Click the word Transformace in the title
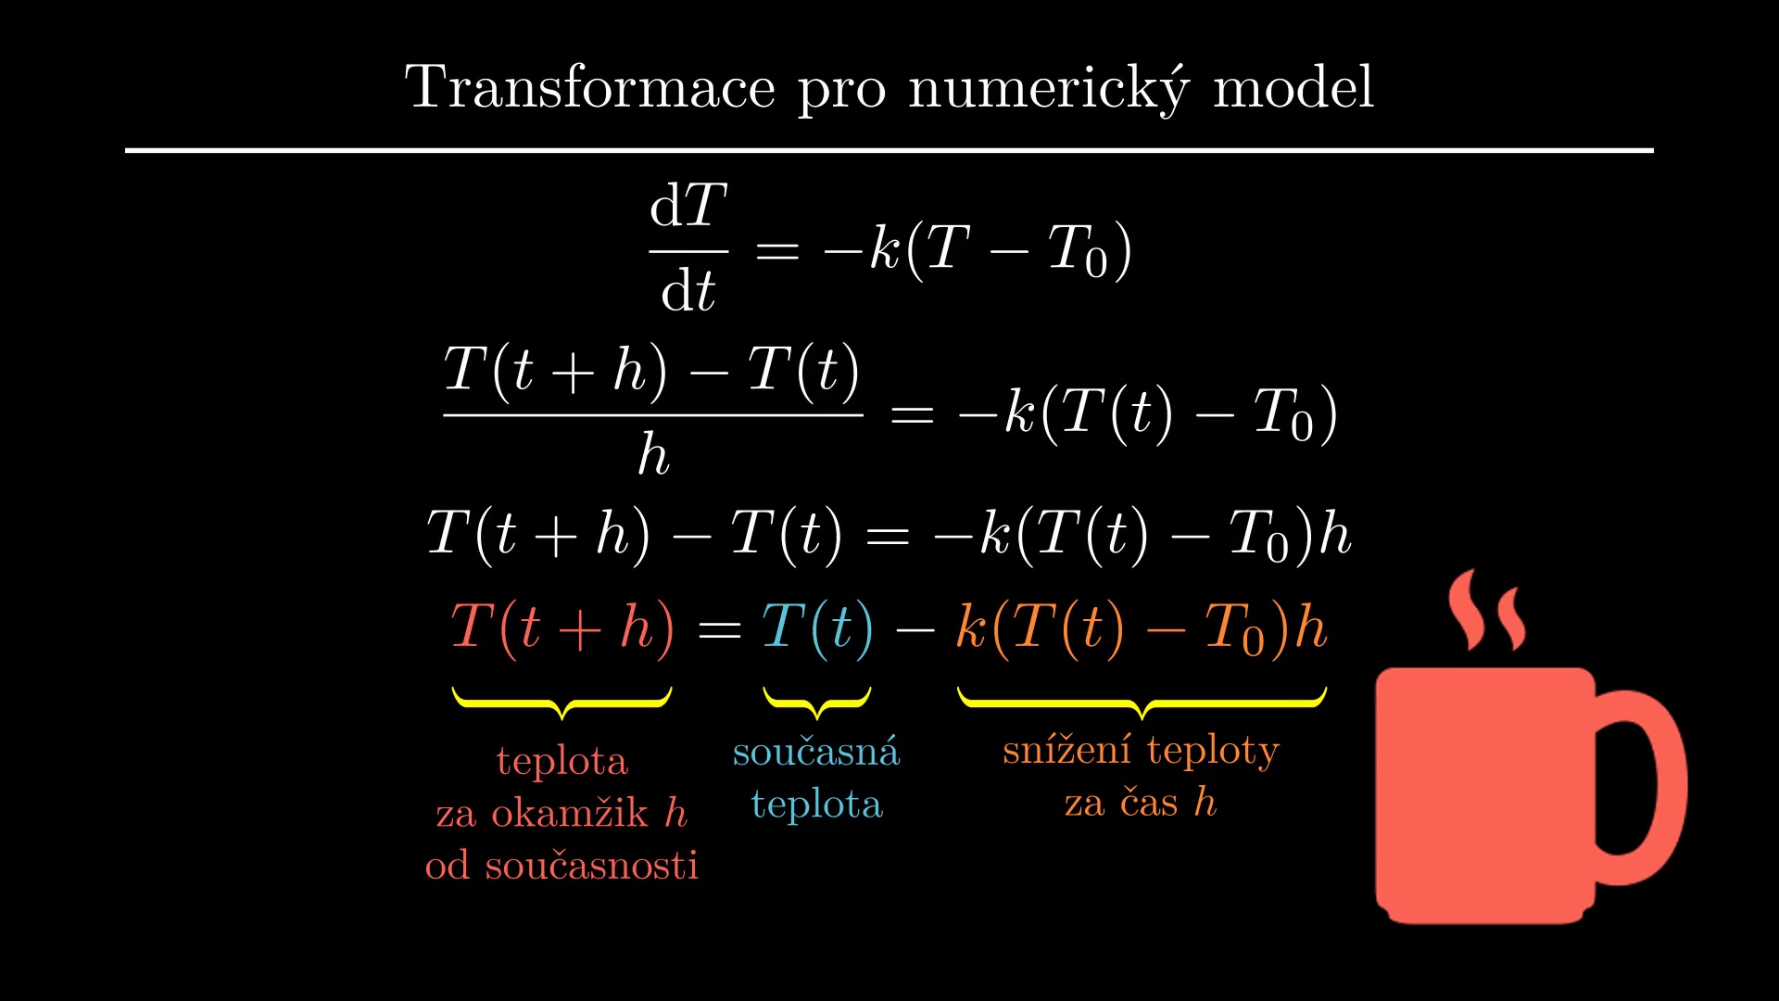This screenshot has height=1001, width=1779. tap(589, 87)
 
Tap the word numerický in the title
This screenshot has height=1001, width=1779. tap(1048, 89)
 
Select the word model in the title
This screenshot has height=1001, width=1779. tap(1293, 87)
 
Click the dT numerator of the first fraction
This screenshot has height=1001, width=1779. tap(688, 205)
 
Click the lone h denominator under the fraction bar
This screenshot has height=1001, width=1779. tap(653, 454)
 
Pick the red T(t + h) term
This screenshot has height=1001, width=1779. tap(562, 627)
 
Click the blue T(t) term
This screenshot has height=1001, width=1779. tap(817, 627)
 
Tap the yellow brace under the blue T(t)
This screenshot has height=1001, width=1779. tap(817, 703)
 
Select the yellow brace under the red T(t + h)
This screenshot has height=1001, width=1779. tap(561, 703)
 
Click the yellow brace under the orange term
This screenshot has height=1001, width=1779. tap(1142, 703)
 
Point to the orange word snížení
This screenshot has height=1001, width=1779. tap(1066, 749)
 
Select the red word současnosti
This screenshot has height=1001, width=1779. tap(591, 865)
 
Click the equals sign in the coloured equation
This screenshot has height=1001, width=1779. tap(719, 630)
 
